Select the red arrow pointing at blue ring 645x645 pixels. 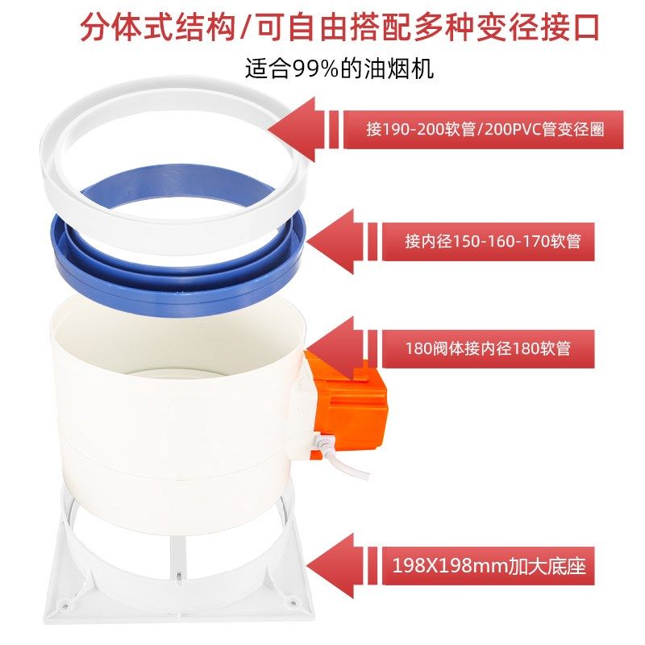click(335, 239)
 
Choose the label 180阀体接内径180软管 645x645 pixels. click(489, 348)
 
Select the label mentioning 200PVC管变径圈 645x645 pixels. click(484, 129)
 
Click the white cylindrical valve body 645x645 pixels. click(177, 403)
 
